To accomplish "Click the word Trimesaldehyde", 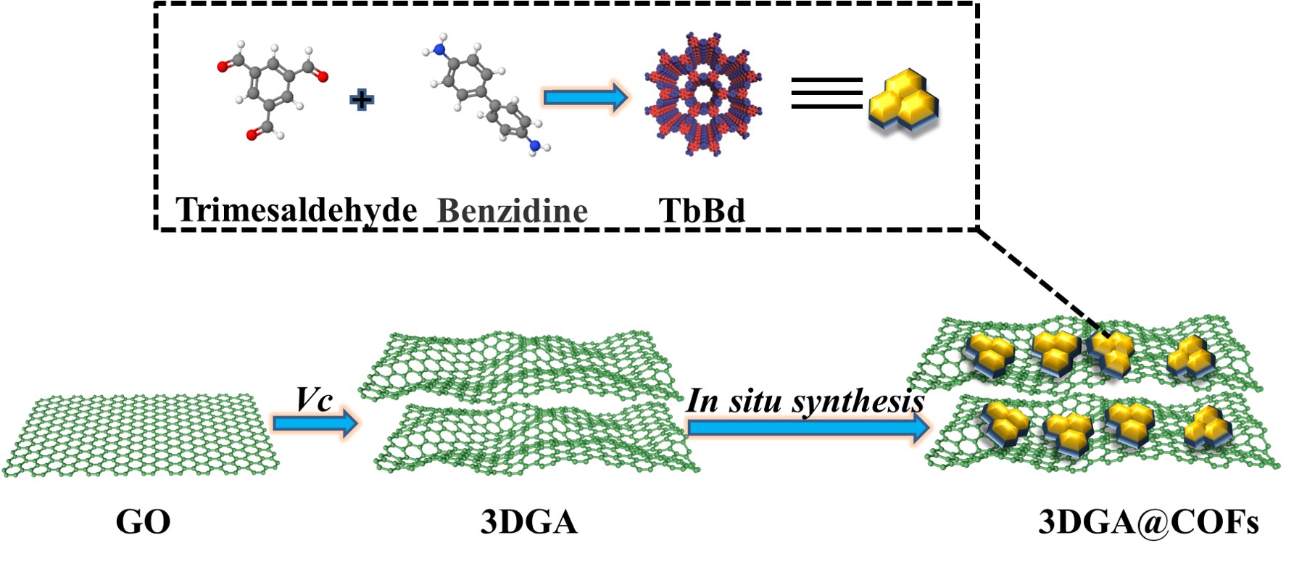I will (296, 210).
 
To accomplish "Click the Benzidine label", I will (513, 211).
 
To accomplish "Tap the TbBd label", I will (702, 211).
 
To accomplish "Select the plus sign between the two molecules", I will (362, 99).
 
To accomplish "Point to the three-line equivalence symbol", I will (826, 93).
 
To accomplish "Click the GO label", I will (143, 522).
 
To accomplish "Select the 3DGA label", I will (528, 522).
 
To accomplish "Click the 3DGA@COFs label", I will (1148, 522).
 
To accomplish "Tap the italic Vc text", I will (314, 399).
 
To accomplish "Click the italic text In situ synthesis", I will (805, 401).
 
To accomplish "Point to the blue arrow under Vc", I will (315, 423).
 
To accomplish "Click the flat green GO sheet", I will (141, 436).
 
